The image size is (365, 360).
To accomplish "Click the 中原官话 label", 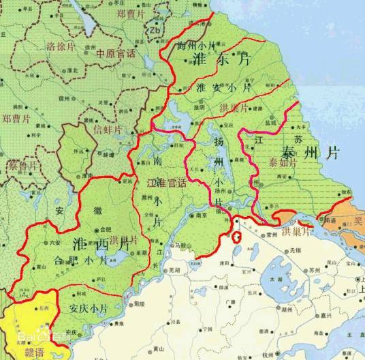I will pyautogui.click(x=115, y=53).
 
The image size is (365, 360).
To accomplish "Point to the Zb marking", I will pyautogui.click(x=155, y=31).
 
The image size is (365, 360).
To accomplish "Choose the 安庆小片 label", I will pyautogui.click(x=90, y=308).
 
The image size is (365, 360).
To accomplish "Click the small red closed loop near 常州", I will pyautogui.click(x=236, y=238).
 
